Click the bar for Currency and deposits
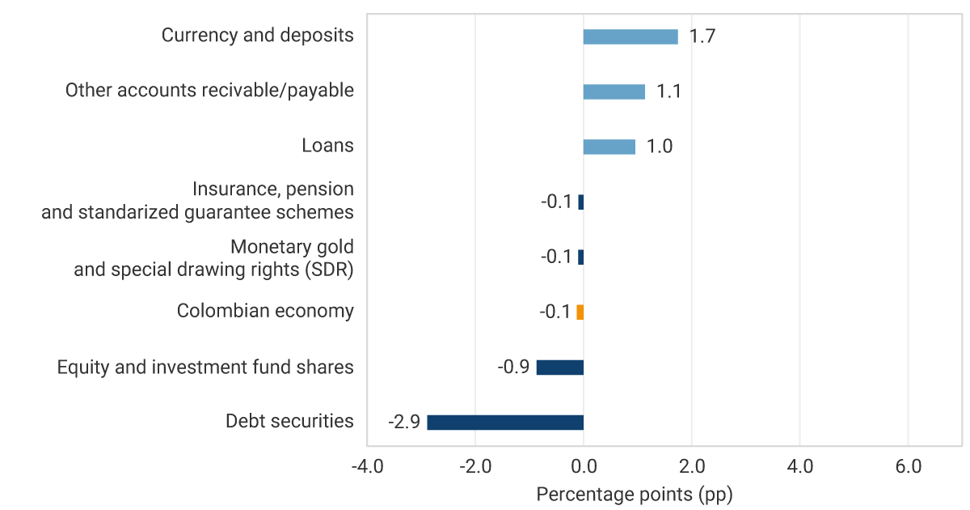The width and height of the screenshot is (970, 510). (x=630, y=36)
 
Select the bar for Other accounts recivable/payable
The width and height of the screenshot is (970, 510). (x=614, y=91)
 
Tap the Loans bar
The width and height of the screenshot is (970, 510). (x=609, y=147)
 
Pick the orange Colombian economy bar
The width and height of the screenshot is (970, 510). (x=580, y=312)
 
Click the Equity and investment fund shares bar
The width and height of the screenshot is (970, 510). (x=560, y=368)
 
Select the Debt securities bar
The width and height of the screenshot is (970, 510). (x=505, y=423)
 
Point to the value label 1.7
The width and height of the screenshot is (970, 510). (x=702, y=36)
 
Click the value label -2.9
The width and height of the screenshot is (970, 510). (x=403, y=423)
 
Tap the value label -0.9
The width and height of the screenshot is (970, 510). (x=513, y=368)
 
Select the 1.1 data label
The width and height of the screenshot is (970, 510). (x=668, y=91)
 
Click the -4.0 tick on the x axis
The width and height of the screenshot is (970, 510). (x=367, y=467)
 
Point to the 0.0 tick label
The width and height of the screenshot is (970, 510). (x=584, y=467)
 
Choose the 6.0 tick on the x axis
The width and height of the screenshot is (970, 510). (x=908, y=467)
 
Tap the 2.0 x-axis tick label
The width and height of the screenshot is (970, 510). (x=692, y=467)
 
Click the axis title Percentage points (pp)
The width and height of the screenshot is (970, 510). (x=635, y=494)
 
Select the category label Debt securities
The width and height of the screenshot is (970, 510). (x=289, y=421)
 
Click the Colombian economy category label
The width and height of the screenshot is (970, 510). (x=265, y=311)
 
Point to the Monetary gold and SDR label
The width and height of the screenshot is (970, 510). (x=214, y=258)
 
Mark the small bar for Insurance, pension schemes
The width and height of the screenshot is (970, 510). (x=580, y=202)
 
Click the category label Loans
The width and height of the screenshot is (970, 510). (x=327, y=146)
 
